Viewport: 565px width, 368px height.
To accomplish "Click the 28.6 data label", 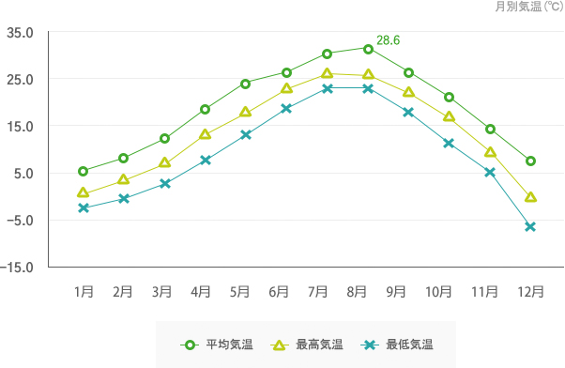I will click(x=388, y=40).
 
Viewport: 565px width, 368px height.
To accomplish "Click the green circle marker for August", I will click(x=368, y=48).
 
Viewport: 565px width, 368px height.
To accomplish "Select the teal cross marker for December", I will click(x=530, y=227).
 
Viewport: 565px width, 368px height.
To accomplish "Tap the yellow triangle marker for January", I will click(x=84, y=192).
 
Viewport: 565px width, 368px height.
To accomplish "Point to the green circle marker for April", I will click(x=205, y=109).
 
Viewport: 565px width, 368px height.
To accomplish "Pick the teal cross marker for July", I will click(x=327, y=88).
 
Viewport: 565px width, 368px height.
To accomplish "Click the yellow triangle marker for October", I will click(x=449, y=116).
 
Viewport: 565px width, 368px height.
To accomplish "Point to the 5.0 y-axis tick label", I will click(x=23, y=173).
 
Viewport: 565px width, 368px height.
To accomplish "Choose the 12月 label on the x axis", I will click(x=530, y=292).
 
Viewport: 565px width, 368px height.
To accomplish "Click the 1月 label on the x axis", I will click(x=84, y=292).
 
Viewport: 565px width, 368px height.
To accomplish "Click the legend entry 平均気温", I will click(x=229, y=345).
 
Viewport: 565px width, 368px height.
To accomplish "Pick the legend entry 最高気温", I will click(x=319, y=345).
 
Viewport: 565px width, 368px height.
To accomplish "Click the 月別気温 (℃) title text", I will click(x=527, y=8).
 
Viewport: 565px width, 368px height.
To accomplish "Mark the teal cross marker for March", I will click(x=164, y=183).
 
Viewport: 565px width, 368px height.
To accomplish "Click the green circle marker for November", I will click(x=490, y=129).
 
